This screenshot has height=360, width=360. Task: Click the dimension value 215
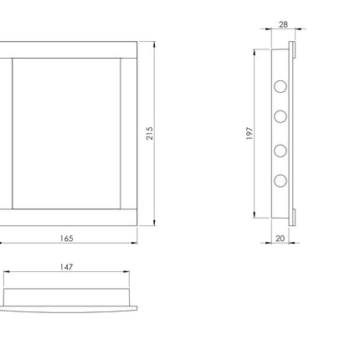click(150, 133)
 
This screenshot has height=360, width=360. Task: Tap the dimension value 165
click(67, 239)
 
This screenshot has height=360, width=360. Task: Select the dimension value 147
click(66, 267)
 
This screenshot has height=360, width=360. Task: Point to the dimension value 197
click(249, 133)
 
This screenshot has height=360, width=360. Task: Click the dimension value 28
click(283, 24)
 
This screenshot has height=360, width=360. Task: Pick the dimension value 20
click(280, 239)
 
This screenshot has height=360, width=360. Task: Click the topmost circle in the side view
click(280, 86)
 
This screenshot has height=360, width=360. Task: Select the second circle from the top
click(280, 116)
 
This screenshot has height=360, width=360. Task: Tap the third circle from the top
click(280, 151)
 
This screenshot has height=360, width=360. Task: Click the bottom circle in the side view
click(280, 181)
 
